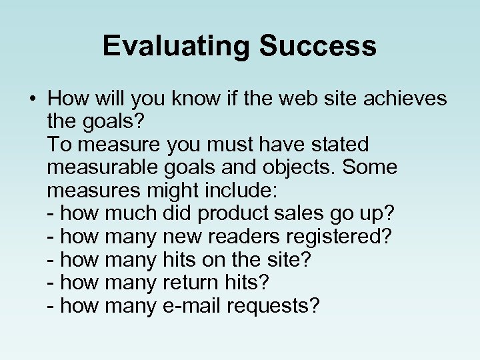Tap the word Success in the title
(x=318, y=46)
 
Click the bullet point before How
(x=33, y=99)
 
